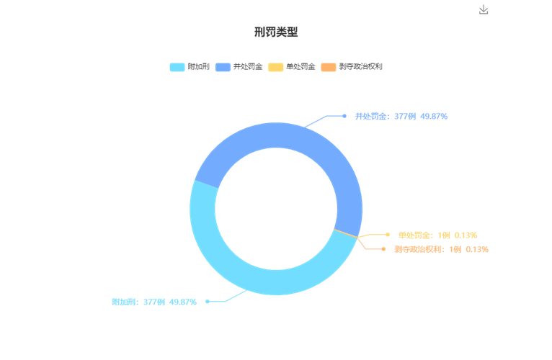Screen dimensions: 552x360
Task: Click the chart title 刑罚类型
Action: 276,32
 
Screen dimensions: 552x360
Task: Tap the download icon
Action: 484,9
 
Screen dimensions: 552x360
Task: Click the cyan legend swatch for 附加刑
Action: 177,67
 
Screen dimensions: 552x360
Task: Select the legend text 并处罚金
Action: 248,66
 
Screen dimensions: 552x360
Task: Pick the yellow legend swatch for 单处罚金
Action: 276,67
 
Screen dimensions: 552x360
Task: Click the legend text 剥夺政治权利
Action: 360,66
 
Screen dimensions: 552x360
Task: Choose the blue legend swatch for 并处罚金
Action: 223,67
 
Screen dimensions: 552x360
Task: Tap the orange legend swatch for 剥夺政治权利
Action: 329,67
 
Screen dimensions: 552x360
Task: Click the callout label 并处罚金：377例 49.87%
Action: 401,116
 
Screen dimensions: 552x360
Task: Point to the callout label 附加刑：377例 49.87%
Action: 154,302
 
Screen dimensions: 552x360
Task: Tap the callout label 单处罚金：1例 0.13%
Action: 437,235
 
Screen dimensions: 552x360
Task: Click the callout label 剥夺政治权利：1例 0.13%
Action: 441,249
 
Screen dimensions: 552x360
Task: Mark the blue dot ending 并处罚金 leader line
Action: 344,116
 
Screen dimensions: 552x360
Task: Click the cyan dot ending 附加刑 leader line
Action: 208,301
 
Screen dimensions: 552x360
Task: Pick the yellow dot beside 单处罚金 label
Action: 388,235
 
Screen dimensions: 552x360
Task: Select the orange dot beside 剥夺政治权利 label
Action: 383,249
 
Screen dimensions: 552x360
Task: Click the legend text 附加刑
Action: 199,66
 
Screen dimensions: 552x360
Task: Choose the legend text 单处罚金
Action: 301,66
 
